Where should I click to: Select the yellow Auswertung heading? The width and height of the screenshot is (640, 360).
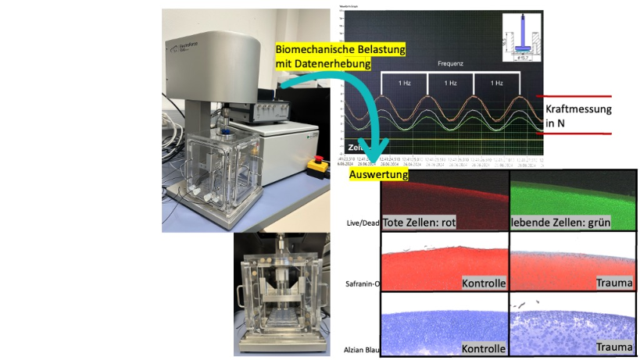379,176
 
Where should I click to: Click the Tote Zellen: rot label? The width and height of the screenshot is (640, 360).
419,223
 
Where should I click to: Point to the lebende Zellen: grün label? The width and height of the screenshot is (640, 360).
560,223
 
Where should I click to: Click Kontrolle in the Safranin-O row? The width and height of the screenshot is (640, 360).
484,282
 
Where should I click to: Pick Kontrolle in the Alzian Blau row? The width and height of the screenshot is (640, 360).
484,348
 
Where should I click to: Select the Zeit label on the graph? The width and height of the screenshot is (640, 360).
354,145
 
